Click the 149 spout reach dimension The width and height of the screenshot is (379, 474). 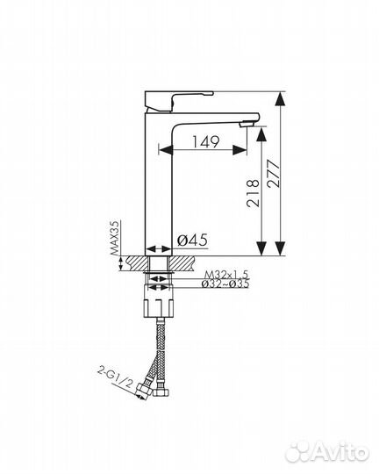pos(205,142)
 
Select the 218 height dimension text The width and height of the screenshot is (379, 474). pos(253,193)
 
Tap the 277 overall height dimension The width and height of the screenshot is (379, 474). pos(274,174)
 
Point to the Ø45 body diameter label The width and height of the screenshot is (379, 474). pos(192,241)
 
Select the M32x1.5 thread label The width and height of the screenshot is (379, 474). pos(226,275)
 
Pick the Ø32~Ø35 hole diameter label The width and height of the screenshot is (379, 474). pos(225,284)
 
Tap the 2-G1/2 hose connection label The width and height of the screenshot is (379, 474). pos(115,377)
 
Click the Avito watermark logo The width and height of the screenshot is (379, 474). pos(327,453)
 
